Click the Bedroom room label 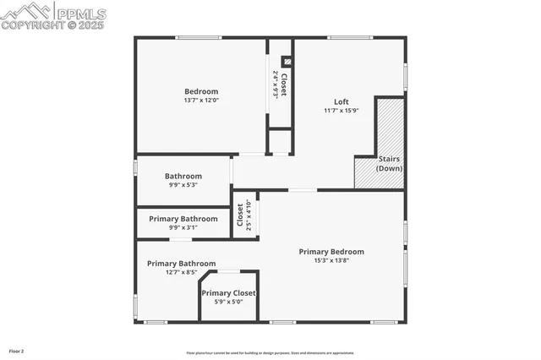[201, 91]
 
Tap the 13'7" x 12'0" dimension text [201, 101]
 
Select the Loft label [341, 101]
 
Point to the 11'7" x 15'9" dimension [341, 111]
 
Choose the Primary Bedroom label [331, 252]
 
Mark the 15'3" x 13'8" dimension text [331, 261]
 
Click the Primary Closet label [228, 293]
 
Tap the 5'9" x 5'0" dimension [228, 303]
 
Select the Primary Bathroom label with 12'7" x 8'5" [181, 264]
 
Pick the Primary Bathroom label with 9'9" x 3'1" [183, 219]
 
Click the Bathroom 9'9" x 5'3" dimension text [183, 186]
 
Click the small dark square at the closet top [286, 61]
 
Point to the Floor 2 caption [17, 351]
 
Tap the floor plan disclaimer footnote [270, 353]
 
